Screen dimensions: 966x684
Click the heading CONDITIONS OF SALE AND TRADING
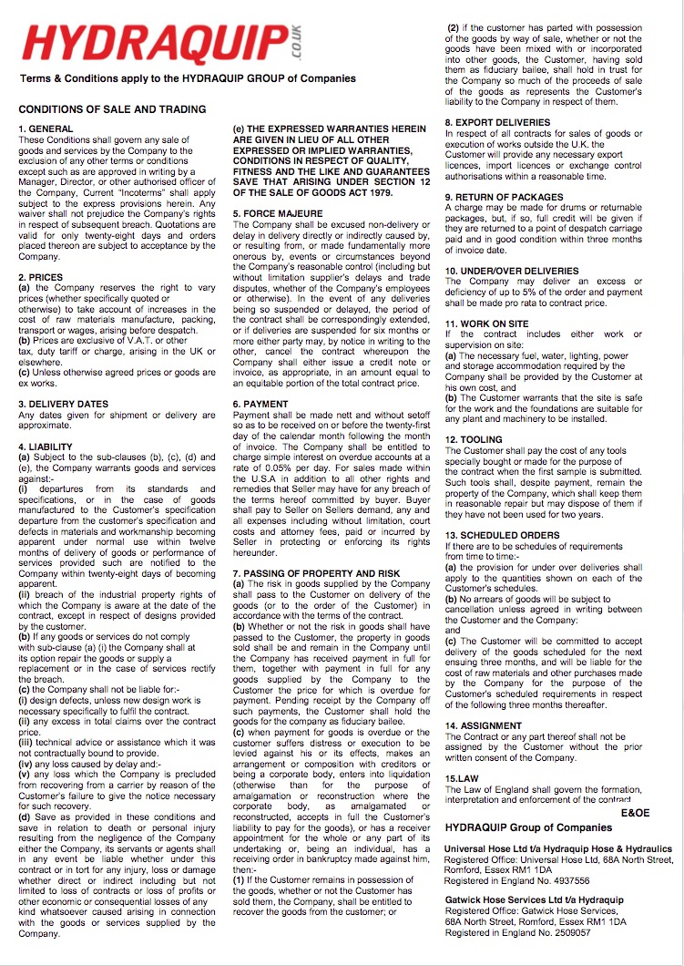pos(112,109)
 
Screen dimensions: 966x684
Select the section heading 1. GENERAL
pos(46,129)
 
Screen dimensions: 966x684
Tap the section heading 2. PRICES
pos(42,277)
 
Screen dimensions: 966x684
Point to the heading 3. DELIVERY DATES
pos(64,403)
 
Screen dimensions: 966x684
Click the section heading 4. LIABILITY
pos(46,447)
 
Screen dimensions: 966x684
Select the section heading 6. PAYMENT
pos(262,403)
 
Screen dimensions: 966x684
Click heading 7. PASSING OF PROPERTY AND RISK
pos(317,572)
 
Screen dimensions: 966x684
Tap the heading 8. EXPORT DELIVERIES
pos(497,122)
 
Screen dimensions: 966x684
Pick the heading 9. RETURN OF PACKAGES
pos(504,197)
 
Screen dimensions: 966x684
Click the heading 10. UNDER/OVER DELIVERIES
pos(511,271)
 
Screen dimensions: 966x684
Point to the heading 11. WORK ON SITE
pos(488,324)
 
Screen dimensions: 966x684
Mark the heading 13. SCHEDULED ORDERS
pos(502,535)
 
